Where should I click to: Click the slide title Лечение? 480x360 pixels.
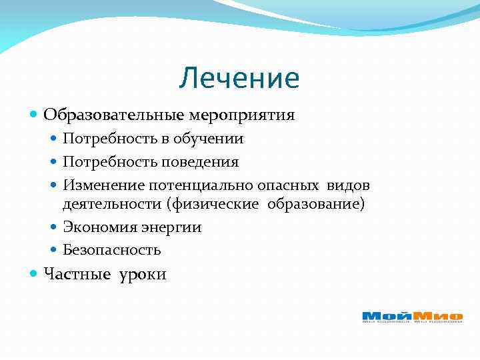[239, 79]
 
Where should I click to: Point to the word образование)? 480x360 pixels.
[316, 204]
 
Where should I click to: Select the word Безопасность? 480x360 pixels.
[111, 250]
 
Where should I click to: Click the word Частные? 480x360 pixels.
[72, 274]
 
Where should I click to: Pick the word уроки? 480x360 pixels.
[143, 275]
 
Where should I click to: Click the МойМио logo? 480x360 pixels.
[412, 317]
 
